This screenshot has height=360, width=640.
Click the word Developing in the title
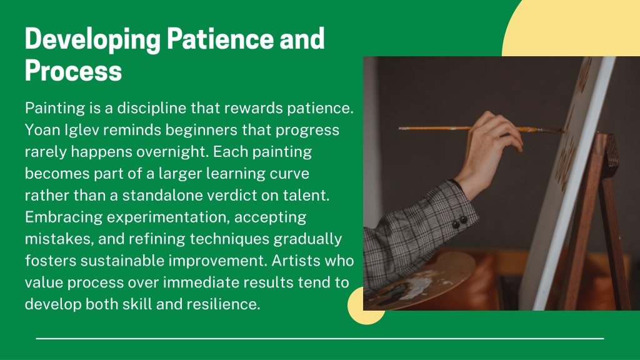[x=92, y=40]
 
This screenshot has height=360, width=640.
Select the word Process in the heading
[x=74, y=71]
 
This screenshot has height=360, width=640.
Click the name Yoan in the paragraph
[x=42, y=130]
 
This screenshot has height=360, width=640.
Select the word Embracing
[x=63, y=217]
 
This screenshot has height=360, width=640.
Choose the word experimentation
[x=166, y=217]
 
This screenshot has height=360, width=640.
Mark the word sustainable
[x=122, y=261]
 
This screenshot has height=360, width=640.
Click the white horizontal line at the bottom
[x=320, y=338]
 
